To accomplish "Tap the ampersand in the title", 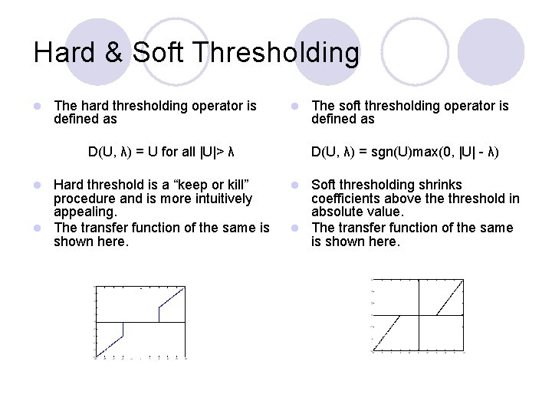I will [x=112, y=53].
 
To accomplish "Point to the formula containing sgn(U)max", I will [x=405, y=152].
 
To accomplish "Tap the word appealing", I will [x=84, y=212].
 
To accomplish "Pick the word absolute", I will [x=338, y=212].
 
